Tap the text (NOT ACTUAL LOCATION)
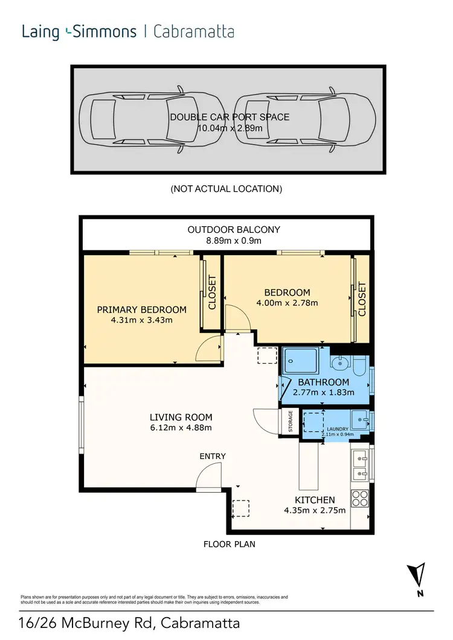(226, 189)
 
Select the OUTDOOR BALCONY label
(225, 229)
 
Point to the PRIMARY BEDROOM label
(142, 309)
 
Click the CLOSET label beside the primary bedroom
(212, 293)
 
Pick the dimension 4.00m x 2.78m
(288, 303)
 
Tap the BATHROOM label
(324, 382)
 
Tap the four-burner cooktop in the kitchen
(360, 498)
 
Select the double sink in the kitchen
(360, 464)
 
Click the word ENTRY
(213, 456)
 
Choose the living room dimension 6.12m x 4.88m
(181, 428)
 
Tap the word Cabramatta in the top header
(194, 31)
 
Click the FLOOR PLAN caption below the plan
(229, 544)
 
